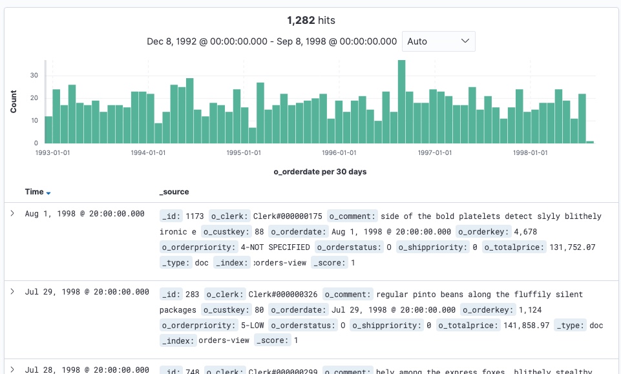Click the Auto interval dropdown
(x=438, y=41)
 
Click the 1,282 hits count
(x=311, y=21)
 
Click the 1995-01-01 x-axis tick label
(x=244, y=153)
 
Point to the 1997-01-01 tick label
(x=434, y=153)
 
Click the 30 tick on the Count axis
(x=36, y=76)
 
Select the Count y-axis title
(x=14, y=101)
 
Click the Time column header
(x=34, y=192)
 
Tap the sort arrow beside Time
(x=48, y=192)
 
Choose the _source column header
(x=174, y=192)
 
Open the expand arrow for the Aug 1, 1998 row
(x=12, y=213)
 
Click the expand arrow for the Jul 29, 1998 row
(x=12, y=292)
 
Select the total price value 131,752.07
(x=572, y=247)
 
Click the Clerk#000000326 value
(x=283, y=295)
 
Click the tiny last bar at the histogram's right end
(x=589, y=141)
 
